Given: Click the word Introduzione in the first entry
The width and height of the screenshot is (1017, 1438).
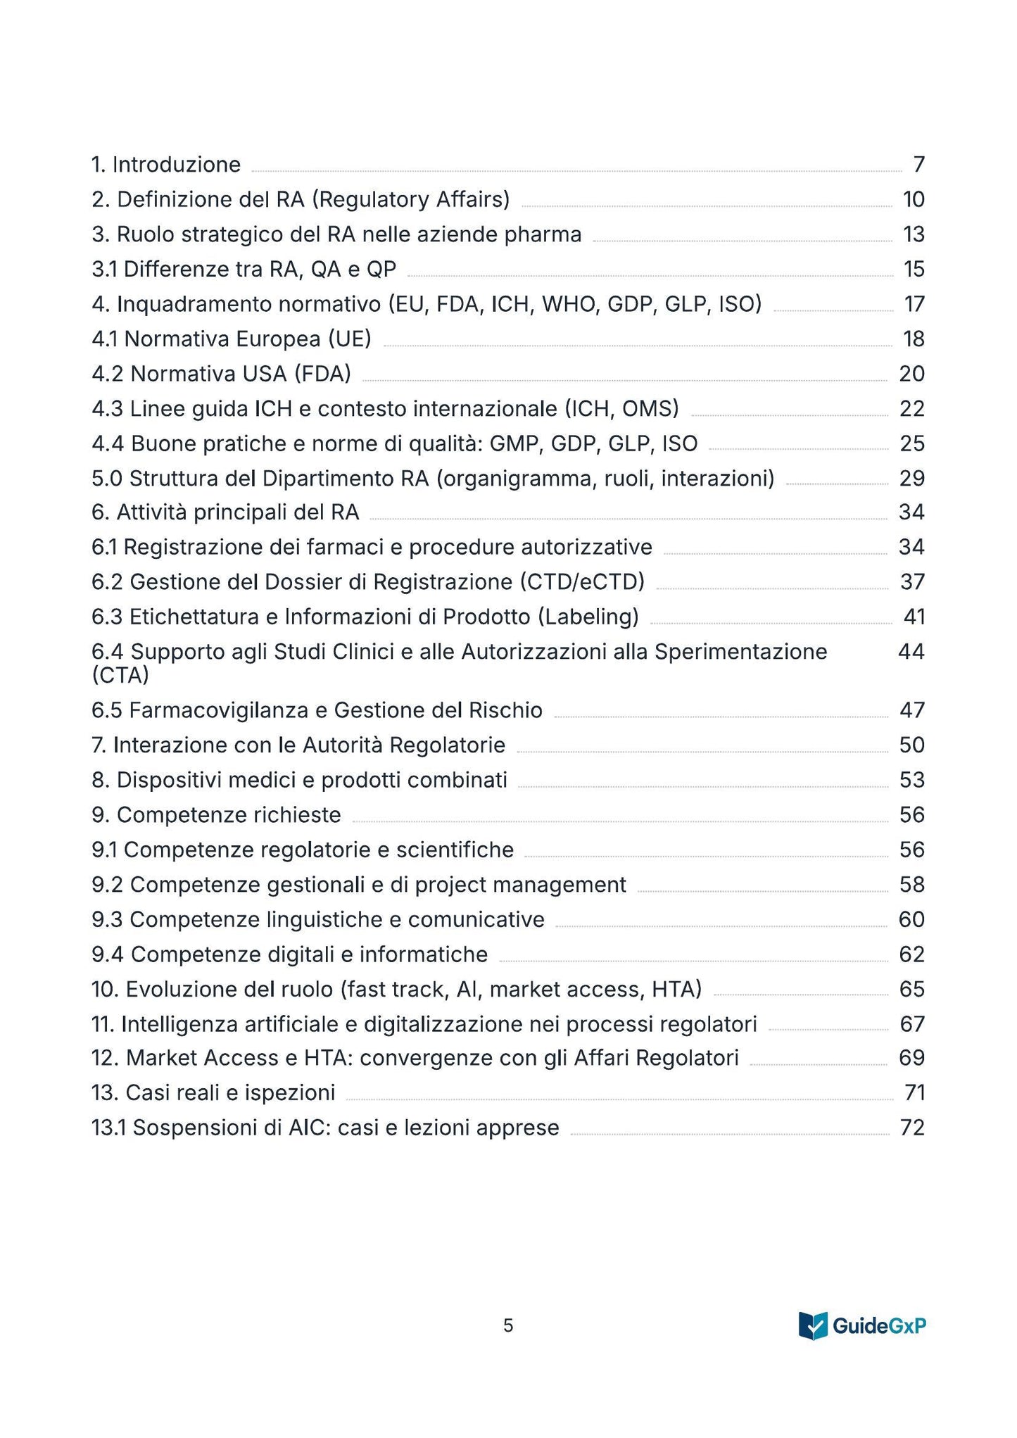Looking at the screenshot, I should click(x=176, y=165).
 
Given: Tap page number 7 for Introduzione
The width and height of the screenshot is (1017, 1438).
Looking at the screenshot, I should click(x=918, y=165).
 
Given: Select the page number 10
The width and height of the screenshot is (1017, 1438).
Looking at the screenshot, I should click(x=914, y=200).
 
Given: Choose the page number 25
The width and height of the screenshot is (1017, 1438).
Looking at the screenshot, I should click(x=912, y=443).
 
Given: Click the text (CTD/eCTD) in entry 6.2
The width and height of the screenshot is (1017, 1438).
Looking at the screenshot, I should click(x=582, y=582).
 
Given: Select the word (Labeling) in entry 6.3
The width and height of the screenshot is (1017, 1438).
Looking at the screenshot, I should click(x=588, y=617).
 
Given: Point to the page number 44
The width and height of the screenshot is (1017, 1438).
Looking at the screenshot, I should click(x=911, y=652).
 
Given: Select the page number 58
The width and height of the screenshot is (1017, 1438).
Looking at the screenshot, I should click(x=912, y=885).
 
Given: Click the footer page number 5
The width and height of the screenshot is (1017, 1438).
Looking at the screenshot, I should click(x=508, y=1326).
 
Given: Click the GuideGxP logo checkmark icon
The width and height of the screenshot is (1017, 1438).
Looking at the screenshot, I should click(x=813, y=1326).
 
